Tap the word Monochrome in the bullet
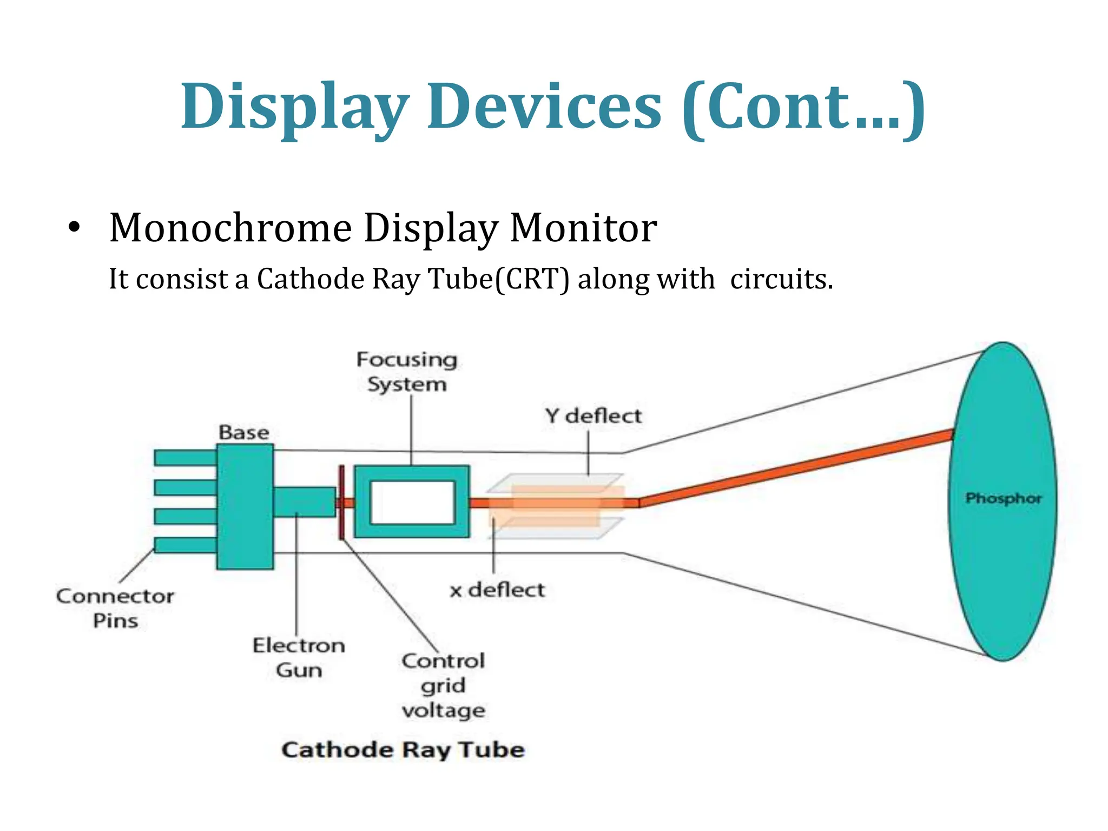230,228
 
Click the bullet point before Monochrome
74,227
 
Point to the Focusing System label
407,372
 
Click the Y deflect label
593,416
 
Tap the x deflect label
497,590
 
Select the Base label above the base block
243,432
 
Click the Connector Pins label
115,608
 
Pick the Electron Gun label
299,657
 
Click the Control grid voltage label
443,685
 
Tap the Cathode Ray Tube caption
403,750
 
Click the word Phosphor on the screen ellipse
1003,498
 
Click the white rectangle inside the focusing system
412,502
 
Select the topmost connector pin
185,458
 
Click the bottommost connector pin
185,545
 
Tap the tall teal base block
245,506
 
